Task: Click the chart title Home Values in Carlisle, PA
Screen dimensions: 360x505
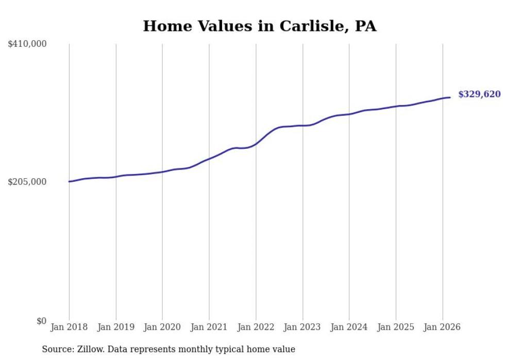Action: tap(259, 26)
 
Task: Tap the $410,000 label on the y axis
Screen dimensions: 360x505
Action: tap(27, 44)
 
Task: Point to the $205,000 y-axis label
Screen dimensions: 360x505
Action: tap(27, 182)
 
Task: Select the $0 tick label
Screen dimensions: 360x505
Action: tap(41, 321)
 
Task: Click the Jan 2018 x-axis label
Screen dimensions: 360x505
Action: tap(69, 327)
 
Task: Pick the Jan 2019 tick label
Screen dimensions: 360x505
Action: tap(116, 327)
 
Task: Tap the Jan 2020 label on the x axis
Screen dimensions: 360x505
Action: tap(162, 327)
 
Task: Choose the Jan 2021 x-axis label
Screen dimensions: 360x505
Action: tap(209, 327)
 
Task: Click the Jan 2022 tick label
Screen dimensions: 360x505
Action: tap(256, 327)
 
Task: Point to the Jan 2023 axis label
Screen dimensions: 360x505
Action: tap(302, 327)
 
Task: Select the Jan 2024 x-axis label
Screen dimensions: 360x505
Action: tap(349, 327)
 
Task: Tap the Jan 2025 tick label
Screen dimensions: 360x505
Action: tap(396, 327)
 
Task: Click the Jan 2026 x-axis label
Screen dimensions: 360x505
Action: tap(442, 327)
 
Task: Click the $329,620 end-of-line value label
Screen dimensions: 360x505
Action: tap(479, 94)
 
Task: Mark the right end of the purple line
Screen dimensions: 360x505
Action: tap(450, 97)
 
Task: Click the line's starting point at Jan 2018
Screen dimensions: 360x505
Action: tap(69, 181)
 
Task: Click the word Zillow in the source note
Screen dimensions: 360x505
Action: tap(90, 349)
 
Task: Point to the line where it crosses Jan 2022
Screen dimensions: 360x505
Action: tap(256, 144)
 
